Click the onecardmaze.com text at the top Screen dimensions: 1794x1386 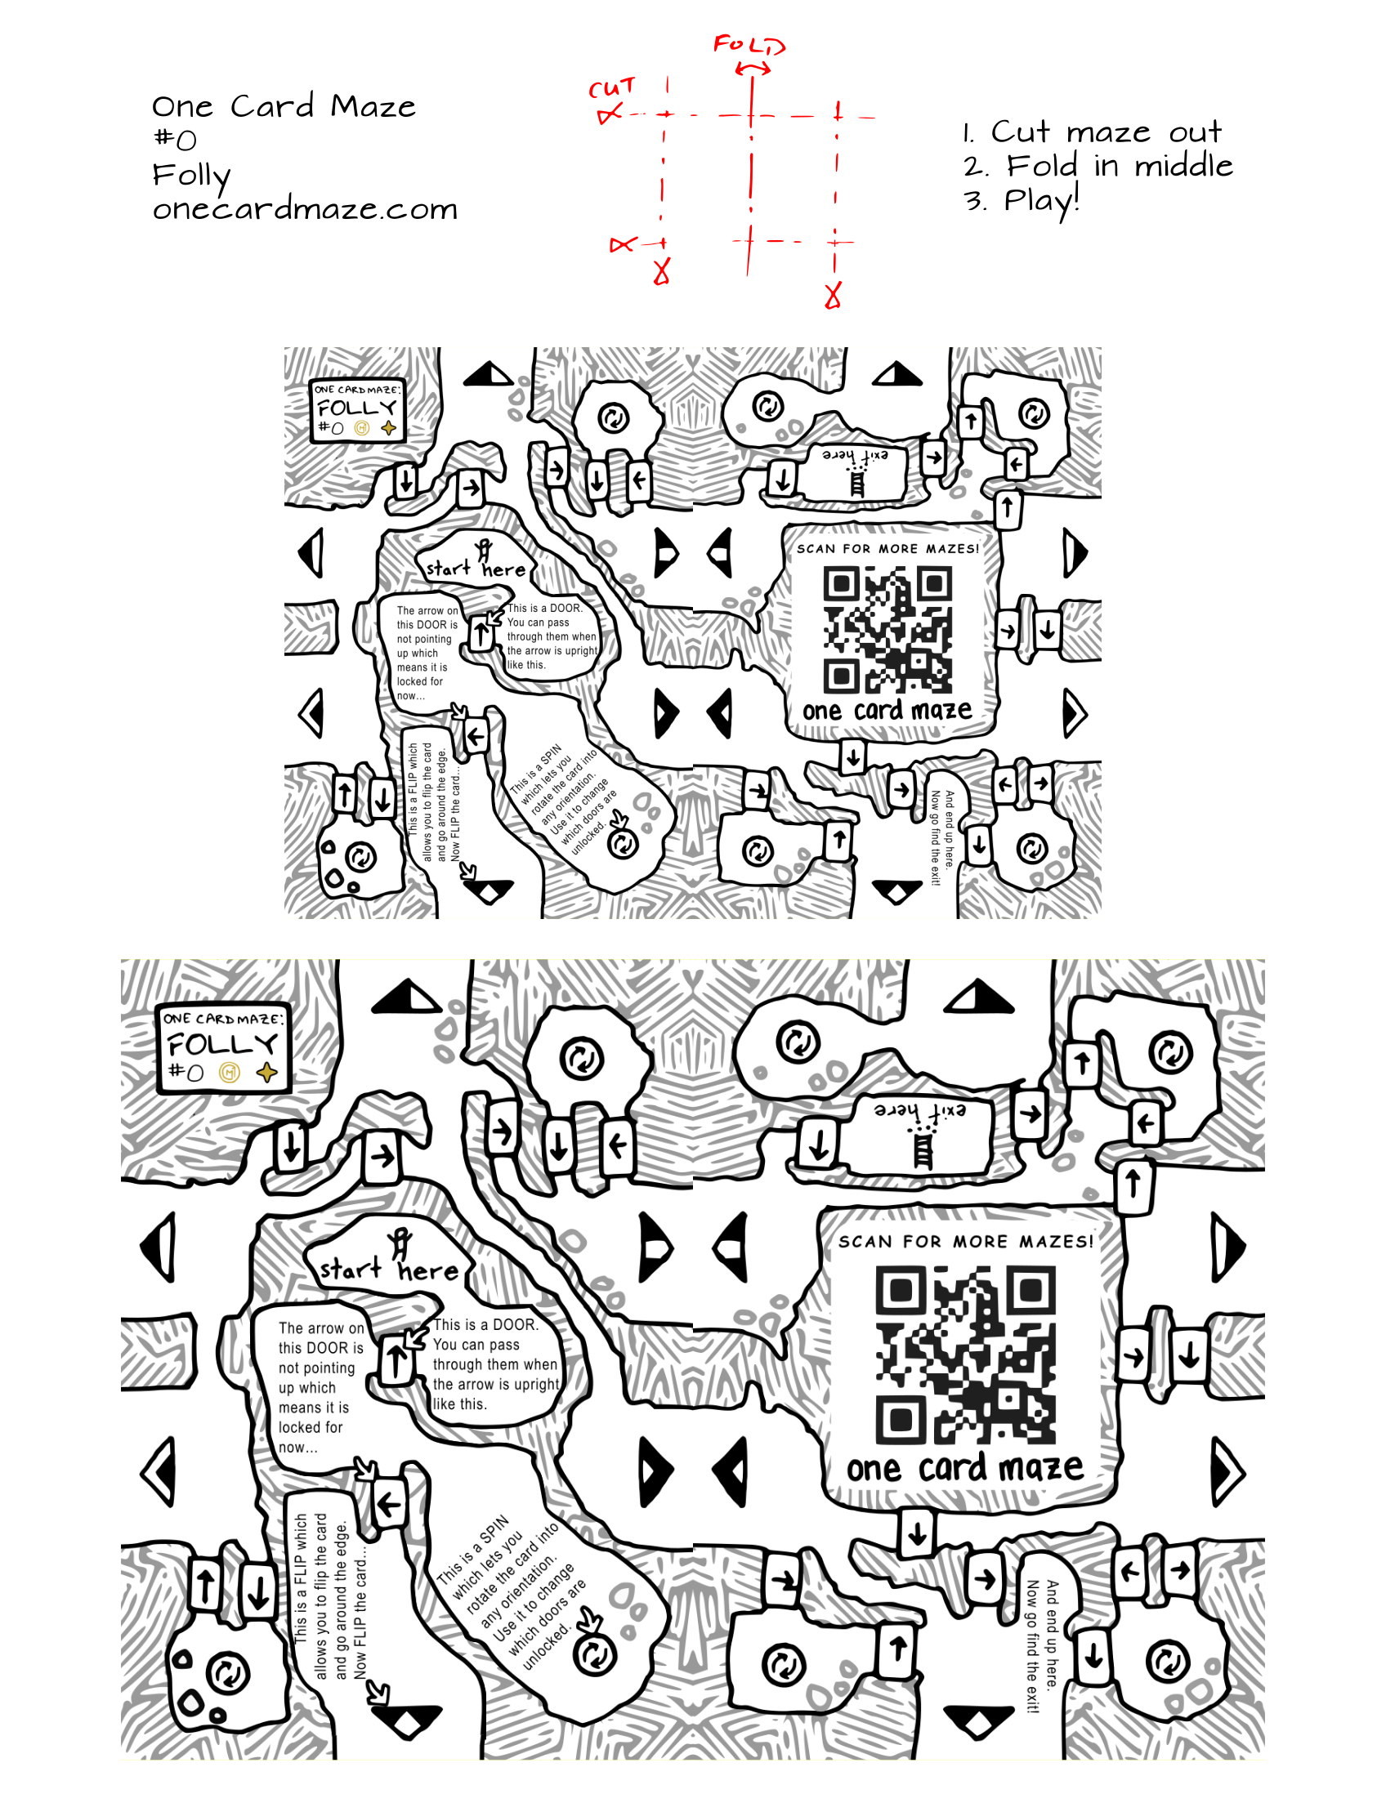click(x=305, y=209)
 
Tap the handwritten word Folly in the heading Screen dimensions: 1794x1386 click(x=191, y=175)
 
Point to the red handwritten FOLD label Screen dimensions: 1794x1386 click(x=749, y=44)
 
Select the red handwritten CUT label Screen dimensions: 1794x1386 click(x=612, y=88)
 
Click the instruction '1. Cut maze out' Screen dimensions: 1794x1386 click(x=1093, y=132)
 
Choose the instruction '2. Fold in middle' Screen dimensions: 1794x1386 click(x=1098, y=167)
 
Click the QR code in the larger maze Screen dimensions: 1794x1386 click(x=966, y=1354)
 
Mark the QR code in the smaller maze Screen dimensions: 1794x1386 click(x=887, y=630)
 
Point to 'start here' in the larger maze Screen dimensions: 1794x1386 click(x=389, y=1270)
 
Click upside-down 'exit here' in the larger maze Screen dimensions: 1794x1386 click(x=920, y=1111)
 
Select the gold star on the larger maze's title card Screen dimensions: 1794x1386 click(x=266, y=1072)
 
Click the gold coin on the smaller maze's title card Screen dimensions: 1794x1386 click(x=362, y=428)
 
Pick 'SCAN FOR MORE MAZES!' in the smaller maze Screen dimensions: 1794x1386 click(x=887, y=549)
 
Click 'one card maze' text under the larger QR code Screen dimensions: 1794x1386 click(x=964, y=1469)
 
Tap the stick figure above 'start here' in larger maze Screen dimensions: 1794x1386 click(x=400, y=1242)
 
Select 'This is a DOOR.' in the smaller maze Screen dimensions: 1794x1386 click(x=545, y=609)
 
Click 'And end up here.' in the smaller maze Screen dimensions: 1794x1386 click(x=950, y=830)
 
